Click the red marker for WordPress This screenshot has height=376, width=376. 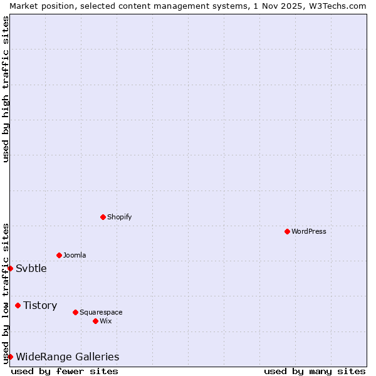[x=287, y=231]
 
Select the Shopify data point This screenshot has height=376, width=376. [x=103, y=217]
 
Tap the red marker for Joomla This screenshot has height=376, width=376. [x=59, y=255]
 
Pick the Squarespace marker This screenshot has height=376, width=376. [x=75, y=312]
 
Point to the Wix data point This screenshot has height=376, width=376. [x=95, y=321]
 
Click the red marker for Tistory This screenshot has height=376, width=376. [x=18, y=305]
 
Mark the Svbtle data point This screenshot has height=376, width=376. [x=10, y=268]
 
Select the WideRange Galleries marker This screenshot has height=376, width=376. [x=10, y=357]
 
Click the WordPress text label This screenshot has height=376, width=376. [x=309, y=231]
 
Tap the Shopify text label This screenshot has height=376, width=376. [x=119, y=217]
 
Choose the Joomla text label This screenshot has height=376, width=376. [x=75, y=255]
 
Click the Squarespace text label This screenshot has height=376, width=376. [x=101, y=312]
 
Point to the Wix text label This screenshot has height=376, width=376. [x=105, y=321]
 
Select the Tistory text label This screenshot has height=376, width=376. [x=40, y=305]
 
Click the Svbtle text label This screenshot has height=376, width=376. [x=31, y=268]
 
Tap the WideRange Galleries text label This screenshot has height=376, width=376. [x=67, y=357]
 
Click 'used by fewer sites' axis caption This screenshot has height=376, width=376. [x=65, y=371]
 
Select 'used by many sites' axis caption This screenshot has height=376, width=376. [x=315, y=371]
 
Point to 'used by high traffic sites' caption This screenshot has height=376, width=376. [x=6, y=89]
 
